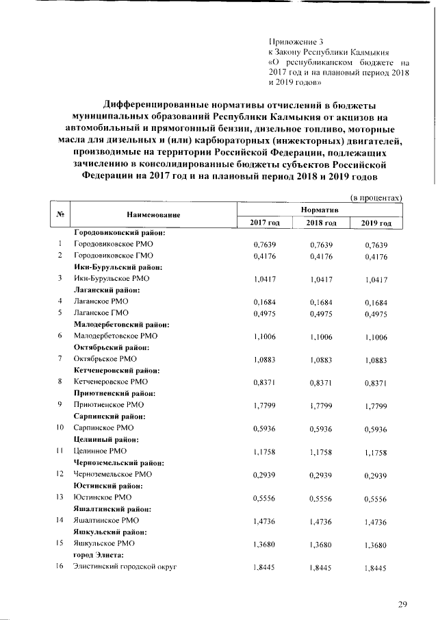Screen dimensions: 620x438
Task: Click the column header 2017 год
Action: [263, 223]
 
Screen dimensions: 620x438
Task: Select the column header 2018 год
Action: [320, 223]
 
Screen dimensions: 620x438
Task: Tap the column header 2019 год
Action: [376, 223]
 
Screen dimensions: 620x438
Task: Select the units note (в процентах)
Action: [376, 197]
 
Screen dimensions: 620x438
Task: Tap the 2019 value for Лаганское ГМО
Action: [376, 313]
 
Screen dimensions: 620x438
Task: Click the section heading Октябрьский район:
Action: [112, 347]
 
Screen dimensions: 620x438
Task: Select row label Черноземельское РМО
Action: [113, 473]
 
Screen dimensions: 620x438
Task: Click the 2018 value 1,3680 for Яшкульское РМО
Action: [320, 544]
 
